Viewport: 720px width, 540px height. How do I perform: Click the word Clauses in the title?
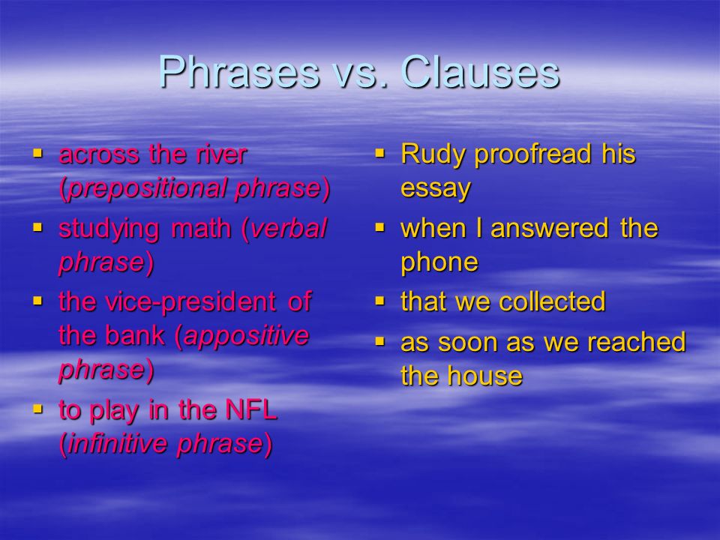pos(480,72)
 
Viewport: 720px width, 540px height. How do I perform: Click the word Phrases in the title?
pos(238,72)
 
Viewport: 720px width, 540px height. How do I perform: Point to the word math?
pos(201,228)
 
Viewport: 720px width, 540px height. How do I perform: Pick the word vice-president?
pos(190,301)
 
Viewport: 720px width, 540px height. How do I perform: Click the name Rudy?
pos(433,154)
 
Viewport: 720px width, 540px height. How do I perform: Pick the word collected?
pos(552,301)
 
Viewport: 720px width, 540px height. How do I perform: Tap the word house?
pos(485,376)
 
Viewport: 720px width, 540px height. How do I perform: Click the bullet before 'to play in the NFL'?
pos(37,406)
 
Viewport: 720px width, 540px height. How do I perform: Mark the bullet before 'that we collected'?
pos(379,301)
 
